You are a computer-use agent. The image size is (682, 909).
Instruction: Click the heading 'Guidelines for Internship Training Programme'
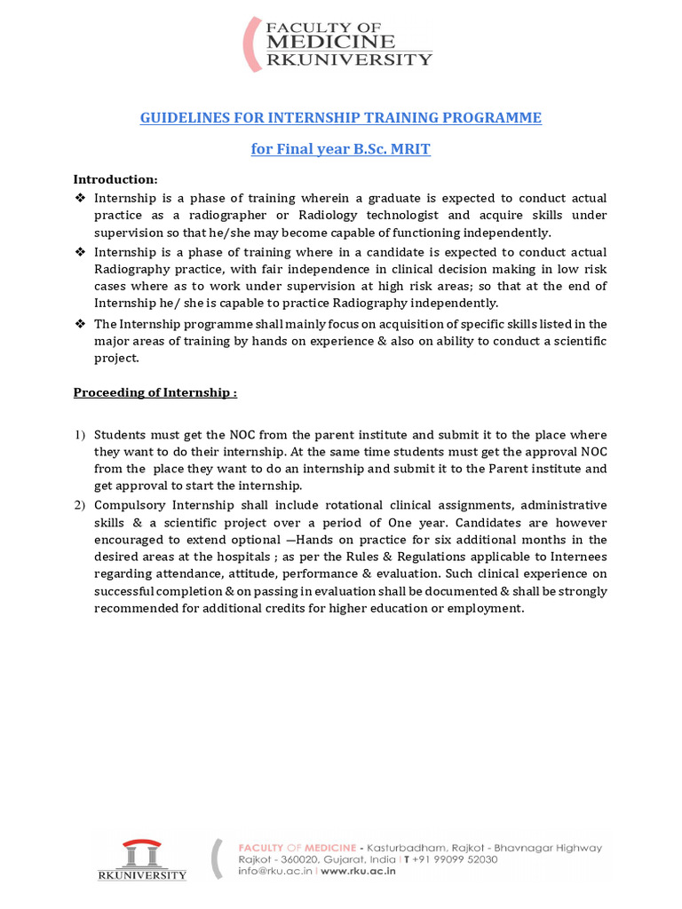(x=340, y=118)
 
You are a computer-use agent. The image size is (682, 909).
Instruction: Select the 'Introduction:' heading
(x=115, y=179)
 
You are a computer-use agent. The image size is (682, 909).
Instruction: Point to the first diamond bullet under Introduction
(x=80, y=198)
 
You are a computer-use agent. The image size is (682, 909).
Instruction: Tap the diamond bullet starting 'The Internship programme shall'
(x=80, y=324)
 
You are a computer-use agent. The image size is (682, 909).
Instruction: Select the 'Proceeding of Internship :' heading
(x=155, y=393)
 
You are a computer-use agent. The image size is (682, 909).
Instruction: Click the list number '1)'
(x=79, y=435)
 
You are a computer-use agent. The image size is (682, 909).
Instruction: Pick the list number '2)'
(x=79, y=505)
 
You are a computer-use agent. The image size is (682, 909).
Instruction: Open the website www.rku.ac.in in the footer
(x=357, y=872)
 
